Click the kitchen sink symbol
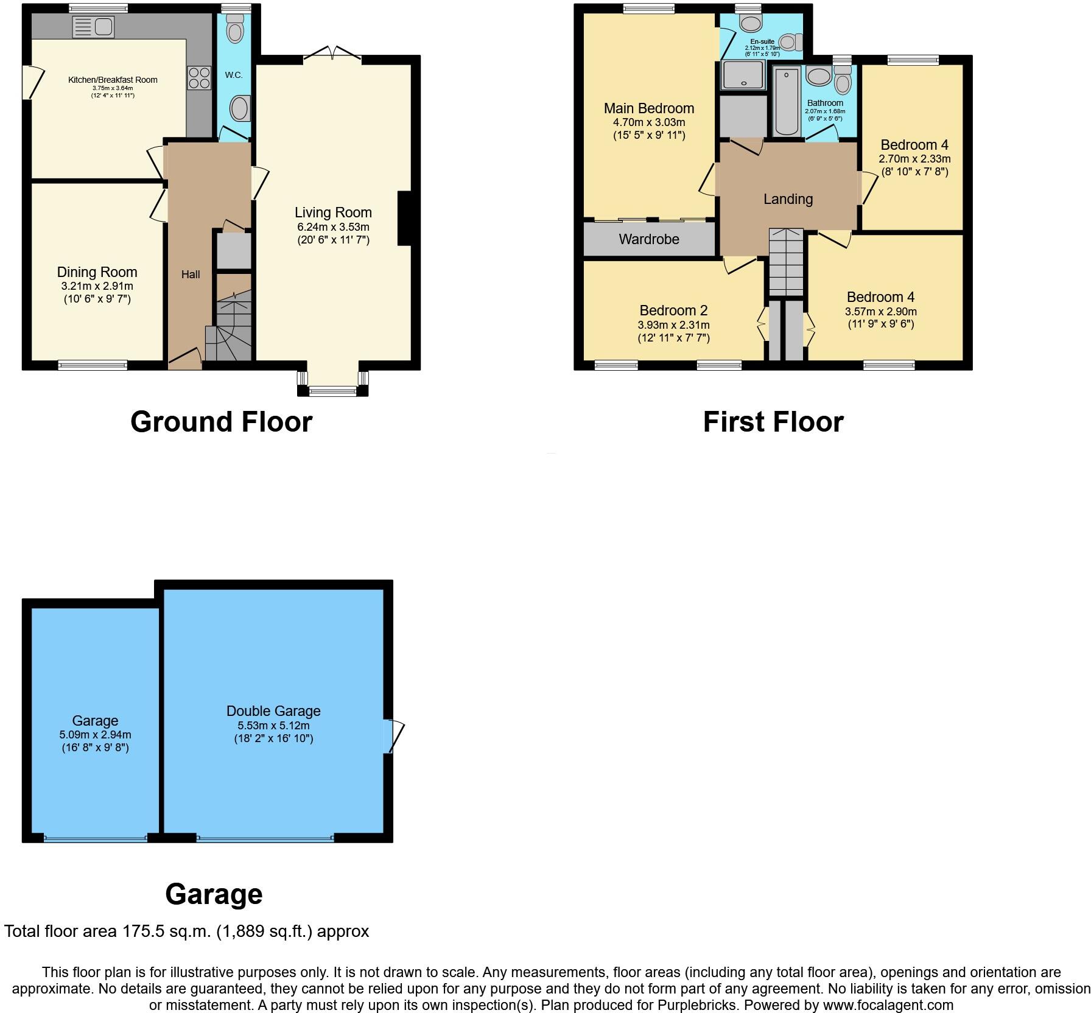tap(93, 27)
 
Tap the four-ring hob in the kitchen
tap(199, 78)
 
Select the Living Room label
tap(333, 212)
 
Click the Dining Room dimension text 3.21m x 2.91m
tap(97, 286)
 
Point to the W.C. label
tap(234, 75)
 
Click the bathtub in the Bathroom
tap(787, 102)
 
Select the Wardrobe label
tap(649, 239)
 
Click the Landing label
tap(788, 199)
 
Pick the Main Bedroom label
tap(649, 108)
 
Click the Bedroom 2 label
tap(673, 310)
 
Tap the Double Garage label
tap(273, 711)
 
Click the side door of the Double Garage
tap(393, 737)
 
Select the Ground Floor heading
tap(221, 422)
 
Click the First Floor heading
tap(773, 422)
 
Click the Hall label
tap(191, 275)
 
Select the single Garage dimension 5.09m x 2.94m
tap(95, 734)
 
